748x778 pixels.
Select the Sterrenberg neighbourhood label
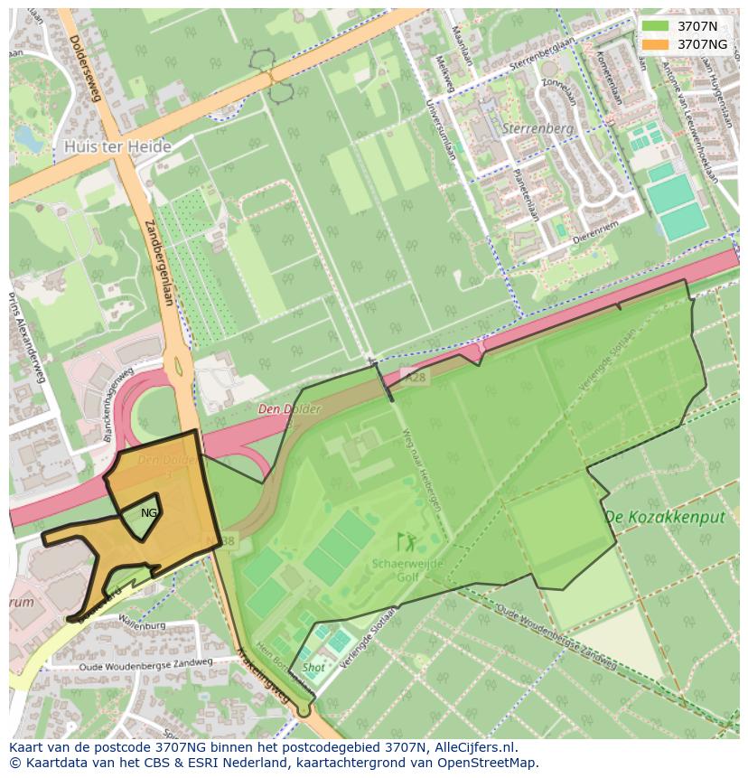coord(539,128)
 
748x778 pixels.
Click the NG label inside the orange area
coord(149,512)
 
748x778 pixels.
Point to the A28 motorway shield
coord(416,377)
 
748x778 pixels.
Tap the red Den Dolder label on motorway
coord(289,409)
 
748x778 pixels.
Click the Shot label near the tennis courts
coord(313,668)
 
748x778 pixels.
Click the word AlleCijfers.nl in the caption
coord(471,747)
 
